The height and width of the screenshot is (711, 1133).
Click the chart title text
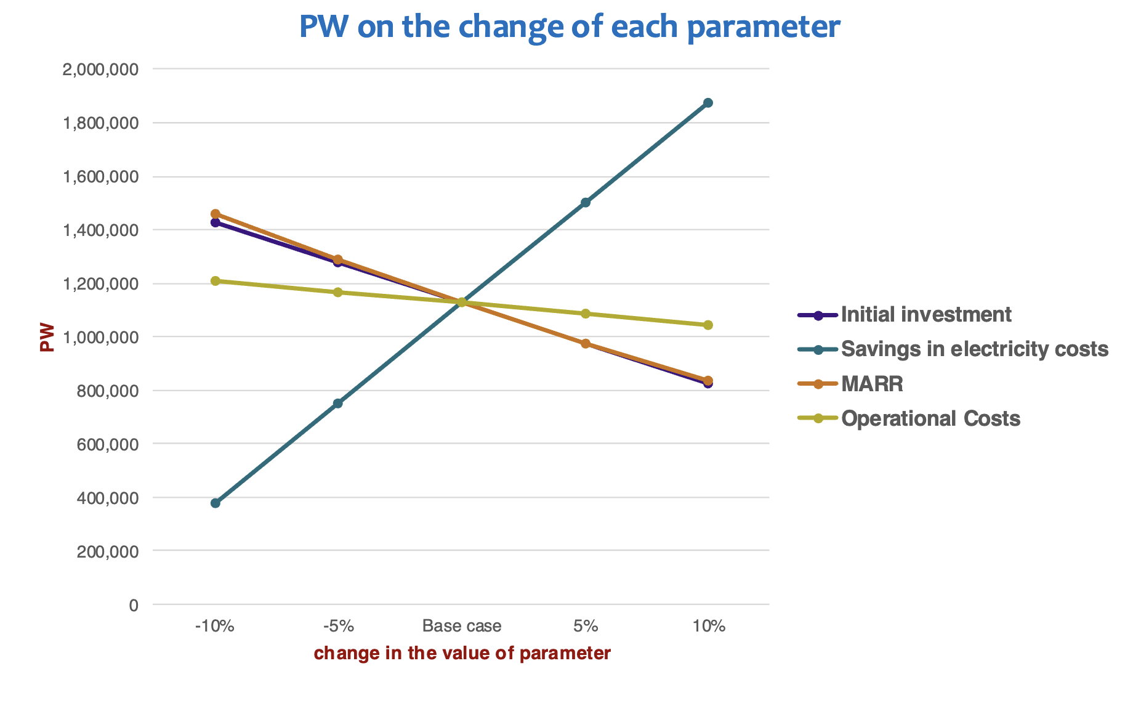pos(570,27)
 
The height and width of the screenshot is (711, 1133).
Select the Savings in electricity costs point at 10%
pos(708,103)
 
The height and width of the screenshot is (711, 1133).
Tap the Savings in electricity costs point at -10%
pos(216,503)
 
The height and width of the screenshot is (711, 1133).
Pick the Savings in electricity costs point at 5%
pos(586,203)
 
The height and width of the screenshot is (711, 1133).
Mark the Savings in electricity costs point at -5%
pos(337,404)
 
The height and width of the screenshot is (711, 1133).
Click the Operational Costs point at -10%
pos(216,281)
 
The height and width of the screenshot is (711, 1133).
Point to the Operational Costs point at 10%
pos(708,325)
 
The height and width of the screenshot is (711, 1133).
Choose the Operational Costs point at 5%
pos(586,314)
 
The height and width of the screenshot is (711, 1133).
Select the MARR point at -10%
pos(216,214)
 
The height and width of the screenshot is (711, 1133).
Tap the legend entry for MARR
pos(872,384)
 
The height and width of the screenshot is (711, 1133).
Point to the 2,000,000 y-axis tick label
pos(100,69)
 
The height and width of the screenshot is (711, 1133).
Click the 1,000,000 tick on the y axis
pos(100,337)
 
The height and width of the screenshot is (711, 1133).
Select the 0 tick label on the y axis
pos(134,605)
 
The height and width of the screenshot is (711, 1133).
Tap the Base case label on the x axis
pos(462,627)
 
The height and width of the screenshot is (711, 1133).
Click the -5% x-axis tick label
pos(338,627)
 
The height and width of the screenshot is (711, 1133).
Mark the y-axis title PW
pos(47,338)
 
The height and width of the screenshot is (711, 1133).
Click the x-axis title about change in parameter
pos(462,654)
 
